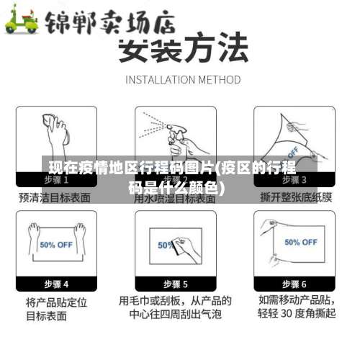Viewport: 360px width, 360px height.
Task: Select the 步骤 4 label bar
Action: click(x=56, y=284)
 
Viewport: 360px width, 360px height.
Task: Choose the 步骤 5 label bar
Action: click(x=175, y=284)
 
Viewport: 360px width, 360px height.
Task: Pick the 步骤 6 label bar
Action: click(x=294, y=284)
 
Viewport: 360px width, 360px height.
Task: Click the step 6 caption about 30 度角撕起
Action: click(x=295, y=307)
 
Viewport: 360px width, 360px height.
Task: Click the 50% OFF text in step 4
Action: click(x=57, y=244)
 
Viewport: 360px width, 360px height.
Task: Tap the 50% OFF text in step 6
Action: click(x=300, y=242)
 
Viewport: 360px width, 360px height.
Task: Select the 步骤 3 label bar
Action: click(x=294, y=179)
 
